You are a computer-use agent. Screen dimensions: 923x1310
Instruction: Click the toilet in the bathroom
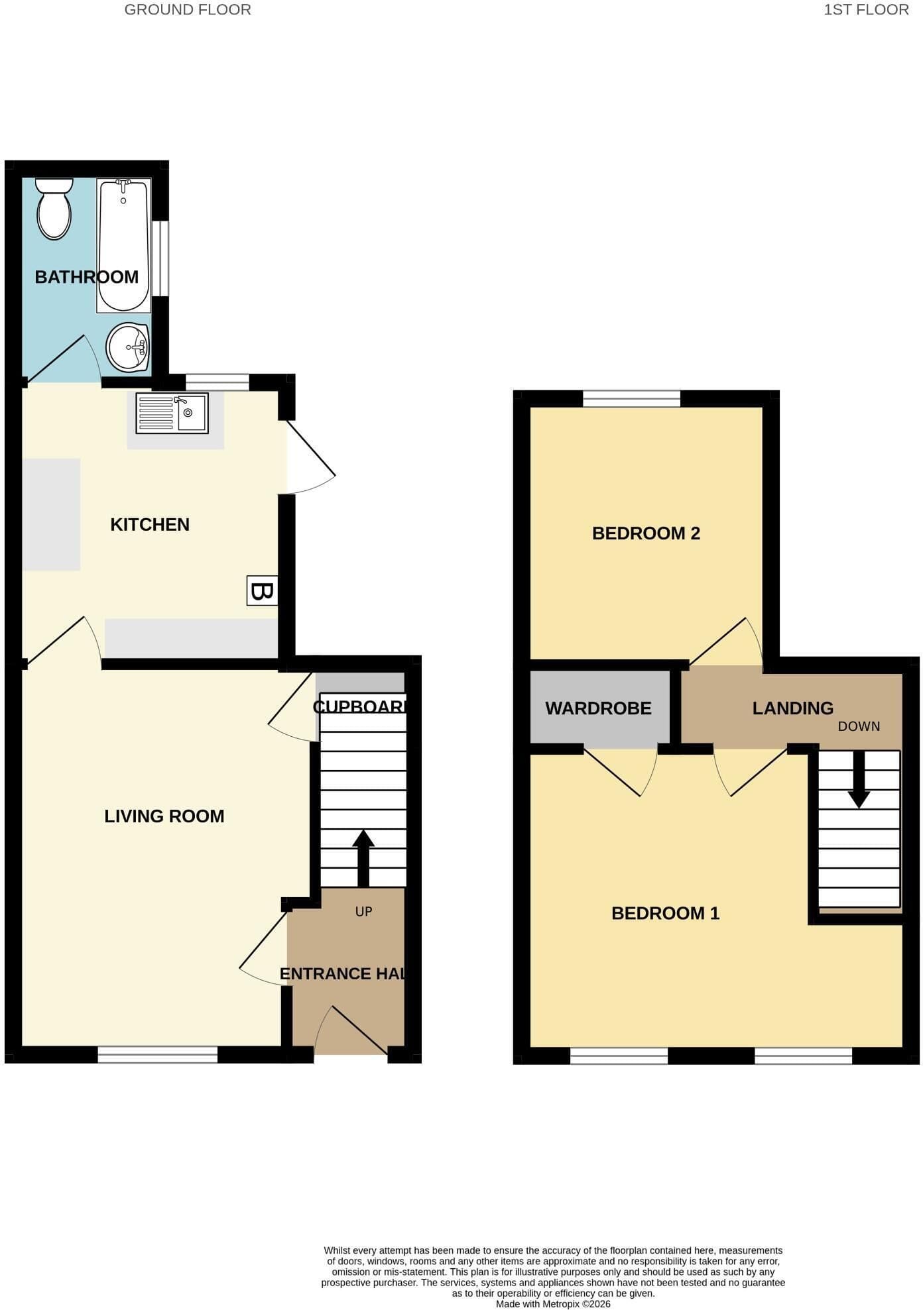coord(54,208)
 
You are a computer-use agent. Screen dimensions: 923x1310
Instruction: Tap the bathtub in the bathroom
coord(124,245)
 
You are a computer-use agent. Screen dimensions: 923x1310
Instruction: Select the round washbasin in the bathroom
coord(128,347)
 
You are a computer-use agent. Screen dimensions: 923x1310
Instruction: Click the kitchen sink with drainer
coord(172,413)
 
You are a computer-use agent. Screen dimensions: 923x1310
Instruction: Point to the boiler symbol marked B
coord(262,590)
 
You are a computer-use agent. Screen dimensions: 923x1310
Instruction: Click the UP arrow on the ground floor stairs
coord(363,858)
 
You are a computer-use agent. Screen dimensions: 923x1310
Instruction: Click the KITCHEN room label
coord(150,525)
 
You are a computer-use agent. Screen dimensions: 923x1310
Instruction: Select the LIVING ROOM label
coord(164,816)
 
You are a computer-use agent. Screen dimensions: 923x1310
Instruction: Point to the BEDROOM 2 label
coord(646,533)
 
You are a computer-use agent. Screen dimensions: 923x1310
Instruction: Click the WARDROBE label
coord(598,708)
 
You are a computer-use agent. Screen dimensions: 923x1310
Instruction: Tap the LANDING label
coord(792,708)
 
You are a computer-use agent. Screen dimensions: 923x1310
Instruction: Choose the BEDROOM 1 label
coord(665,913)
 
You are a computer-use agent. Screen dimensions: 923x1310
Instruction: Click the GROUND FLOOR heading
coord(188,10)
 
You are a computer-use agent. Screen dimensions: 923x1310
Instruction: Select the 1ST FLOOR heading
coord(866,10)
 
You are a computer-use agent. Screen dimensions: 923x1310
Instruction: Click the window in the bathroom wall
coord(160,258)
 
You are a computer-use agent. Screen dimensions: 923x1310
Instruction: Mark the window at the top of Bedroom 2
coord(632,399)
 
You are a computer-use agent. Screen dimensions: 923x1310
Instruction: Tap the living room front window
coord(158,1054)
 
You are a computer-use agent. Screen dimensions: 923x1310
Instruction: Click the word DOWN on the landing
coord(859,726)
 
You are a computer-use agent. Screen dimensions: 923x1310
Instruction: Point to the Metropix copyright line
coord(553,1304)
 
